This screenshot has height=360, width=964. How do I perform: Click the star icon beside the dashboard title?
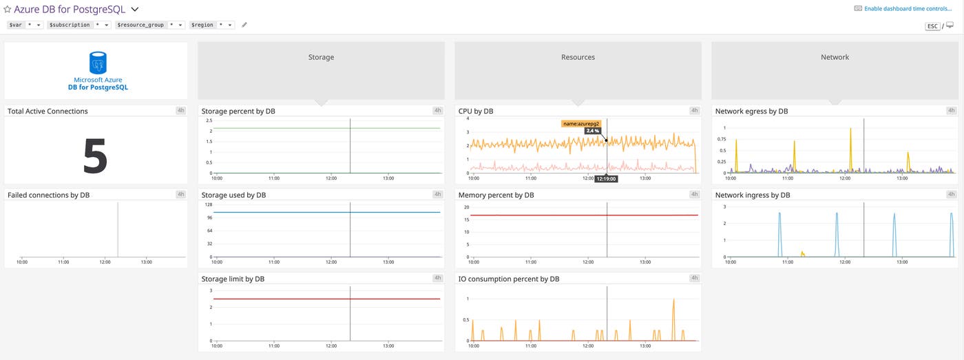[x=8, y=10]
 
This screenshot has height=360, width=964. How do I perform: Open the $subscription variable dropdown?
[x=78, y=25]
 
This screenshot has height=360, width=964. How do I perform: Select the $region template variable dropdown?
[x=213, y=25]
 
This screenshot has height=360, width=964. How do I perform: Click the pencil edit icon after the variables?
[x=244, y=25]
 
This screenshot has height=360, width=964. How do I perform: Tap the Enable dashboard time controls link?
[x=908, y=9]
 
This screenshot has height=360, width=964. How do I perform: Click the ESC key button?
[x=932, y=26]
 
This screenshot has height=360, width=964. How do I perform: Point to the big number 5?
[x=96, y=156]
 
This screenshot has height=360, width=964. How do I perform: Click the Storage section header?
[x=321, y=58]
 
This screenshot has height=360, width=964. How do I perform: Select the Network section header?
[x=835, y=58]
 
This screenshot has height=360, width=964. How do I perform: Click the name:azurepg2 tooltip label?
[x=581, y=124]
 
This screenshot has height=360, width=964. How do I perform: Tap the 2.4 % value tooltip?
[x=592, y=131]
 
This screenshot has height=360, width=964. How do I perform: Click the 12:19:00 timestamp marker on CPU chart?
[x=606, y=179]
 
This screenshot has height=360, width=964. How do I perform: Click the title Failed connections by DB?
[x=48, y=195]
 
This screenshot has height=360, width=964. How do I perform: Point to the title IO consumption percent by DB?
[x=509, y=279]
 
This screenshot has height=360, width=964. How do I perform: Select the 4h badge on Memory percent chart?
[x=694, y=195]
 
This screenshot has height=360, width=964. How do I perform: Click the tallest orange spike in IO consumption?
[x=673, y=300]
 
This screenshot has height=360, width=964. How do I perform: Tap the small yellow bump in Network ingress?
[x=802, y=253]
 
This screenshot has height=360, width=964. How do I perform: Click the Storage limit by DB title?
[x=233, y=279]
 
